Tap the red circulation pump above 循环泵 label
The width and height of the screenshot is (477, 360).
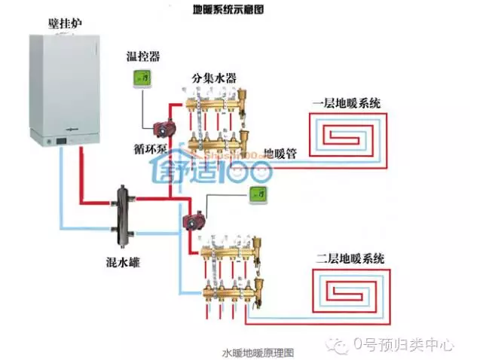click(x=160, y=129)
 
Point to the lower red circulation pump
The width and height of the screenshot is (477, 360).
click(x=192, y=221)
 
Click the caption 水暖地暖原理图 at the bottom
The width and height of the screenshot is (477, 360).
click(x=256, y=352)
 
